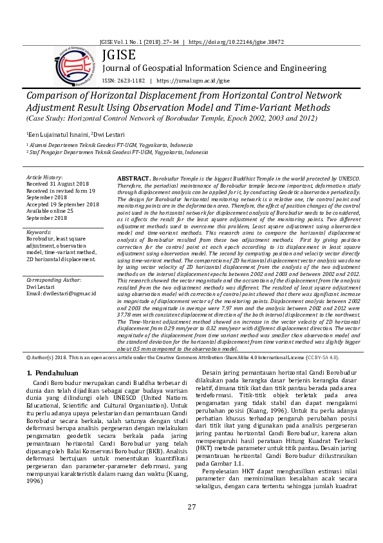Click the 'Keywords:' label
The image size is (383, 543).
point(40,232)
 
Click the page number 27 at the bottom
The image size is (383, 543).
point(191,524)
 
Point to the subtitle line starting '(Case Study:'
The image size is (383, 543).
point(156,119)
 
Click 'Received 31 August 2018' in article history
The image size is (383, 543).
point(61,184)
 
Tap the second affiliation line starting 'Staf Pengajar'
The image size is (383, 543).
point(118,152)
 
